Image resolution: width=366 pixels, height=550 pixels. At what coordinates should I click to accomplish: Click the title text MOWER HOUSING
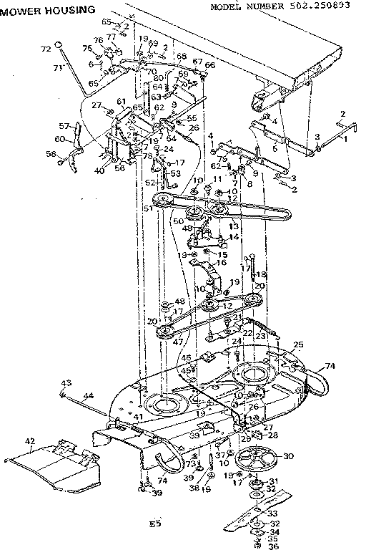point(48,11)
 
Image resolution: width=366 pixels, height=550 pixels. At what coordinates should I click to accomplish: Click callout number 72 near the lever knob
point(46,49)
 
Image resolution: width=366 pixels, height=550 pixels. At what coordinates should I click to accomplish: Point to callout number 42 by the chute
point(29,442)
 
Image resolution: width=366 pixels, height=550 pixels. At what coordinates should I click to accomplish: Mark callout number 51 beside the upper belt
point(148,208)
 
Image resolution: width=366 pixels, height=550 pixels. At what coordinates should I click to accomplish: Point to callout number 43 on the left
point(66,381)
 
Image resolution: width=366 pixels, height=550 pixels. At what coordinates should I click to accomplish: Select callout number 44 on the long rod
point(88,395)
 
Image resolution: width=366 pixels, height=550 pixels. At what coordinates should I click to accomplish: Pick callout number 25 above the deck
point(298,344)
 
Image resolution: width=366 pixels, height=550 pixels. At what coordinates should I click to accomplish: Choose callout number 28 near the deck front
point(272,435)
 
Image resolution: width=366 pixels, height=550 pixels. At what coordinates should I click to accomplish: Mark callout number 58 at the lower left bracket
point(51,153)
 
